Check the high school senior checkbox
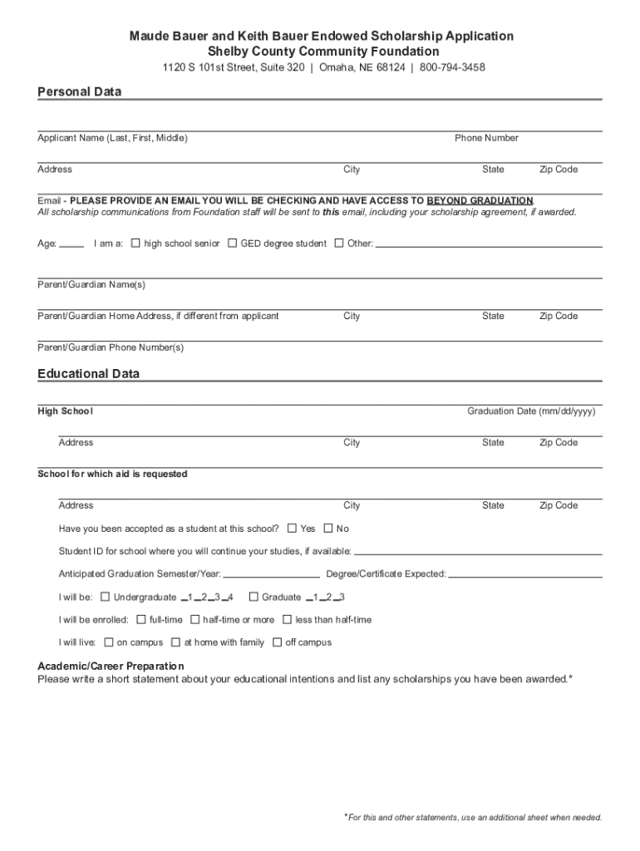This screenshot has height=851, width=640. [x=135, y=243]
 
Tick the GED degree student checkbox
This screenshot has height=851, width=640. [x=233, y=243]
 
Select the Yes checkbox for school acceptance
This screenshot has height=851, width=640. [x=292, y=529]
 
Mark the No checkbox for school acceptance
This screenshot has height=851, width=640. [x=328, y=529]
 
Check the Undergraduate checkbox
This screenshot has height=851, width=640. [x=105, y=597]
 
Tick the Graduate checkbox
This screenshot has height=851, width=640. [x=254, y=597]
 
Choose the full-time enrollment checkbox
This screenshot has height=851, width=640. [x=141, y=619]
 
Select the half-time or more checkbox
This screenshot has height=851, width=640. [x=194, y=619]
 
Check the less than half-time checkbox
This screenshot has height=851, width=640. [x=287, y=619]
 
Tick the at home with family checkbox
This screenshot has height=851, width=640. [x=175, y=642]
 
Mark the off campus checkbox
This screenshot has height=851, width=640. [x=278, y=642]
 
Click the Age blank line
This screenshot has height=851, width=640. [x=72, y=245]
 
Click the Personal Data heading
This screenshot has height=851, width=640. [x=79, y=92]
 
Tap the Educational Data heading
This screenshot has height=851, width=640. [x=88, y=374]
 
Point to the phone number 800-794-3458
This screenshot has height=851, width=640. [x=452, y=66]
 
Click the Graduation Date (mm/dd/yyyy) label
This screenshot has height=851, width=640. [x=531, y=411]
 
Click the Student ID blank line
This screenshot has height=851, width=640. [x=478, y=552]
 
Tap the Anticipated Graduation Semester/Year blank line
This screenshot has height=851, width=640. [x=272, y=574]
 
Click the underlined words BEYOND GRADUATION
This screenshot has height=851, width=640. [x=480, y=201]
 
